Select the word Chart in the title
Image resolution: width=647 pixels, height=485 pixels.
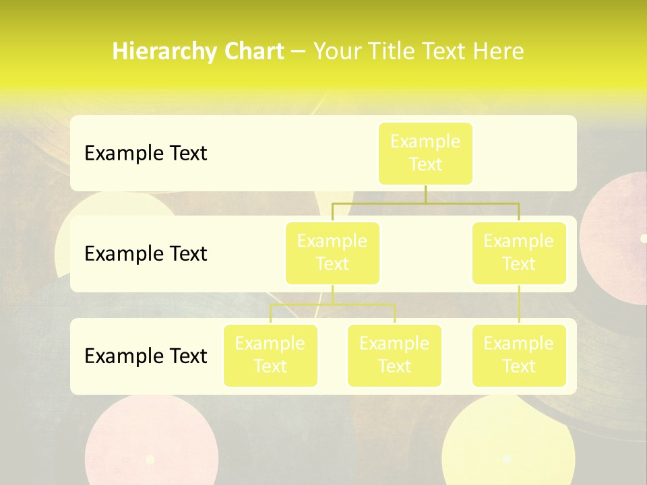[x=252, y=51]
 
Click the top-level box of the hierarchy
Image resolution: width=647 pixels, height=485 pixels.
[x=425, y=153]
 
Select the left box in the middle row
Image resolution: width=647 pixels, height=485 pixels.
[x=332, y=253]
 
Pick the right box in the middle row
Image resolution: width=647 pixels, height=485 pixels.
[x=519, y=253]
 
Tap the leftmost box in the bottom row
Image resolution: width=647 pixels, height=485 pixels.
[x=270, y=355]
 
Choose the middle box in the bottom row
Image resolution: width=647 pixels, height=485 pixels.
[x=394, y=355]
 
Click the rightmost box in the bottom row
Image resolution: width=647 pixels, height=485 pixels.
[x=519, y=355]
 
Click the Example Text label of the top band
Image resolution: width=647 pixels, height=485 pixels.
[x=146, y=154]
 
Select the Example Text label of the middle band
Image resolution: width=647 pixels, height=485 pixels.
[x=146, y=254]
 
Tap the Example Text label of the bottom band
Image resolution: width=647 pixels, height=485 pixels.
[x=146, y=356]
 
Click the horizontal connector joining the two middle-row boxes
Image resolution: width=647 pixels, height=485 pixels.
[x=425, y=203]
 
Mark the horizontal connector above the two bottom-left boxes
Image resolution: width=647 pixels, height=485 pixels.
[x=332, y=304]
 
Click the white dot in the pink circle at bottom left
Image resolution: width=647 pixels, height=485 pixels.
[x=150, y=459]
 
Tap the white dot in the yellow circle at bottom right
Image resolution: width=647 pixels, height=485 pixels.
[x=507, y=459]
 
